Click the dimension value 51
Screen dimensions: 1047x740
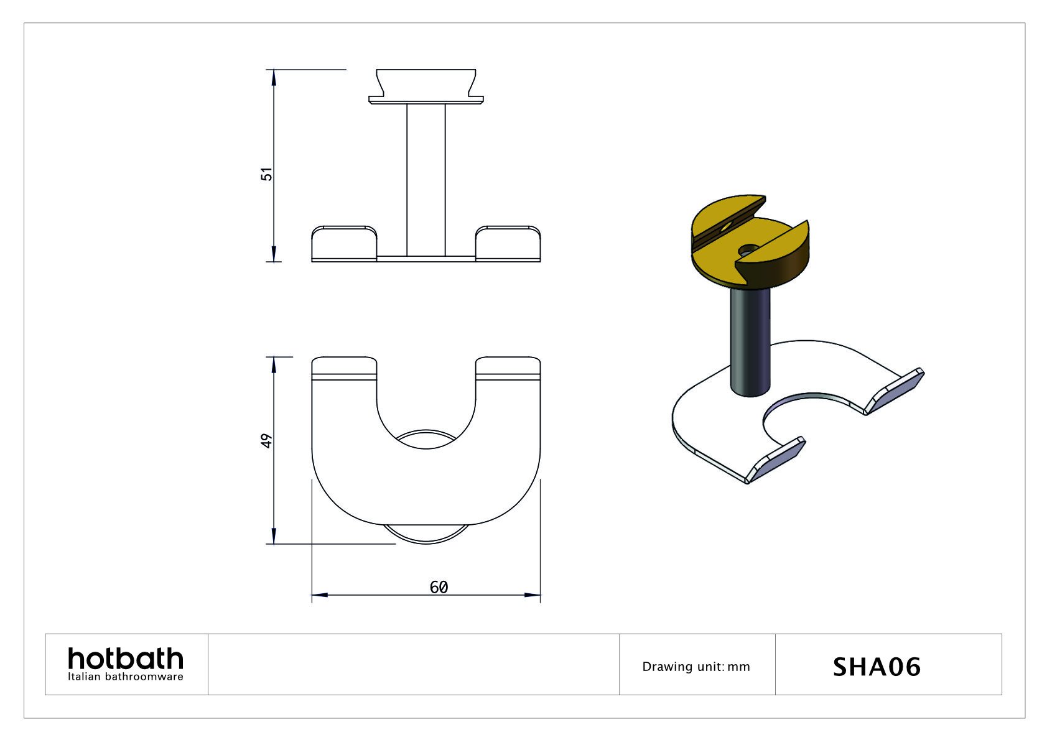tap(266, 173)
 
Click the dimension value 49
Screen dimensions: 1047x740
tap(266, 440)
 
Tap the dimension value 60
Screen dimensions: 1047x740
tap(439, 587)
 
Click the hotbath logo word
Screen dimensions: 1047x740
tap(125, 659)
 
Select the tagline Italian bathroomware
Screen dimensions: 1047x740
tap(125, 677)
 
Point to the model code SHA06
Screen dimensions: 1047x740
tap(877, 667)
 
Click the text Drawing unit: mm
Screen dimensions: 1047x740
tap(696, 667)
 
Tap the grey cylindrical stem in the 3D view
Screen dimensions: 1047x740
tap(750, 343)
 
